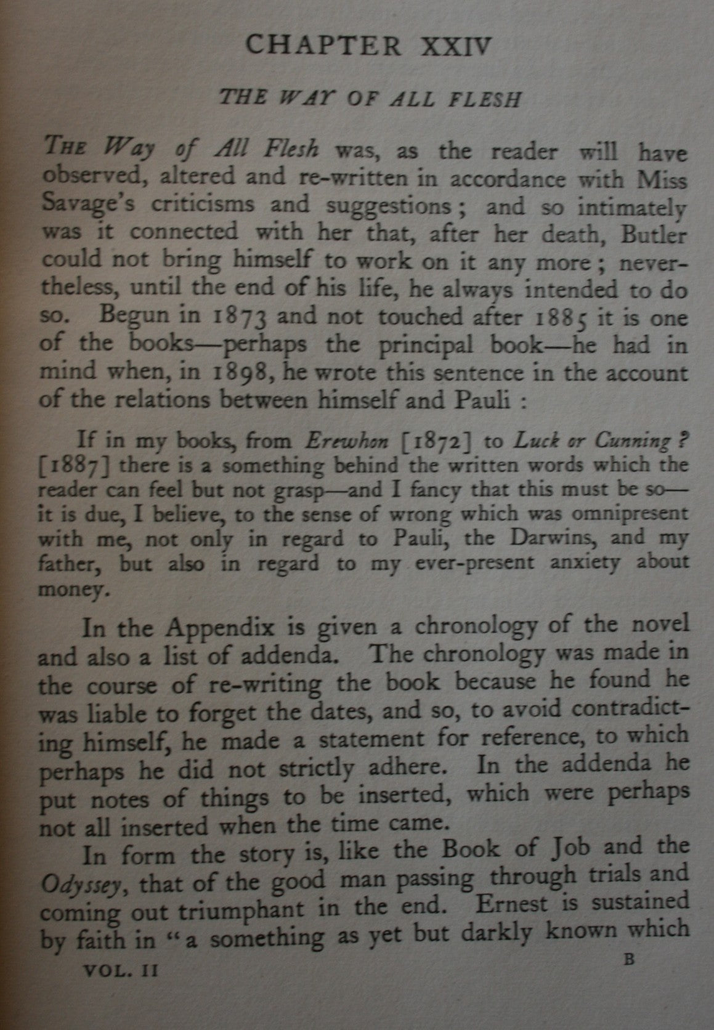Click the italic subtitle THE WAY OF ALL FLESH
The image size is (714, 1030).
tap(370, 99)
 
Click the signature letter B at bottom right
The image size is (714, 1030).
tap(628, 960)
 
